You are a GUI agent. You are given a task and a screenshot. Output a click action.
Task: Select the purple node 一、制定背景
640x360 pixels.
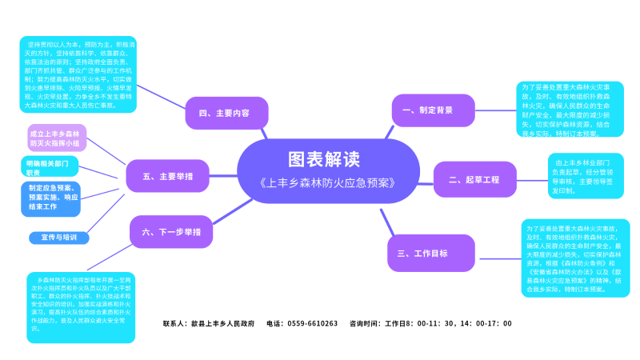pyautogui.click(x=427, y=110)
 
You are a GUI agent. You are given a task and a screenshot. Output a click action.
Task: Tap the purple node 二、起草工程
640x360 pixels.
pyautogui.click(x=474, y=179)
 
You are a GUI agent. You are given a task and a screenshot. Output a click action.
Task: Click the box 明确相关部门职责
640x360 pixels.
pyautogui.click(x=49, y=167)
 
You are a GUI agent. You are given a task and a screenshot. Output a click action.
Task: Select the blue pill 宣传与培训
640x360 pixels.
pyautogui.click(x=58, y=237)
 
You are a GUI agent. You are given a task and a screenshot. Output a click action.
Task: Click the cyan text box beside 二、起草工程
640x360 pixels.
pyautogui.click(x=585, y=176)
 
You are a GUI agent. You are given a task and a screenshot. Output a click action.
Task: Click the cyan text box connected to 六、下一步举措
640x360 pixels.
pyautogui.click(x=80, y=306)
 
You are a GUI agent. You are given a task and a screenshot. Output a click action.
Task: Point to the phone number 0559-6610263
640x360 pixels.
pyautogui.click(x=311, y=324)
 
